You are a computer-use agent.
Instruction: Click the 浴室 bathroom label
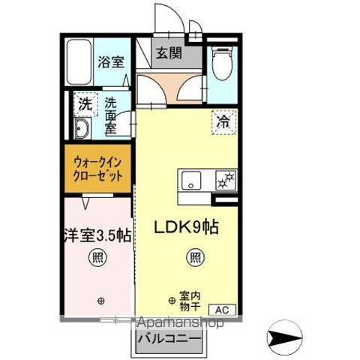(109, 62)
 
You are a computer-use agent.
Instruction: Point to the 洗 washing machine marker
(84, 104)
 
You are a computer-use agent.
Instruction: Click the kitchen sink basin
(190, 181)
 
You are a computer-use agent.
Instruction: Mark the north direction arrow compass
(284, 340)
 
